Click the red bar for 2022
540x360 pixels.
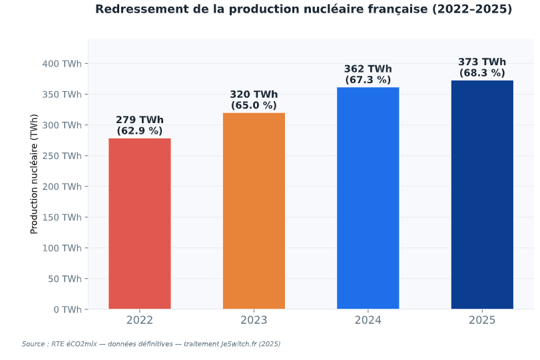tap(139, 224)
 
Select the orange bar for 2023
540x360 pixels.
tap(254, 211)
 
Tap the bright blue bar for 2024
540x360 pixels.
tap(368, 198)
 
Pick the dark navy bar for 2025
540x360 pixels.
tap(482, 195)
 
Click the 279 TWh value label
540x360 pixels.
tap(139, 120)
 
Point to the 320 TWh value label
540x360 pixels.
tap(254, 94)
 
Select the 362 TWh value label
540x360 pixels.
tap(368, 69)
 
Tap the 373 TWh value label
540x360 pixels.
tap(482, 62)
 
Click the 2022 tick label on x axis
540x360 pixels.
tap(139, 320)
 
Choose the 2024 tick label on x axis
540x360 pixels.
tap(368, 320)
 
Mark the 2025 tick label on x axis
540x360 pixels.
tap(482, 320)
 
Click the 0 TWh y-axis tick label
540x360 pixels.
tap(68, 309)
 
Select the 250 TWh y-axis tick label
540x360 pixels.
tap(62, 156)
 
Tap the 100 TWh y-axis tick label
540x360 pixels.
tap(62, 248)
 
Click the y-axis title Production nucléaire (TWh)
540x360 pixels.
tap(34, 174)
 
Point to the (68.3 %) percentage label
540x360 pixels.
tap(482, 73)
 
